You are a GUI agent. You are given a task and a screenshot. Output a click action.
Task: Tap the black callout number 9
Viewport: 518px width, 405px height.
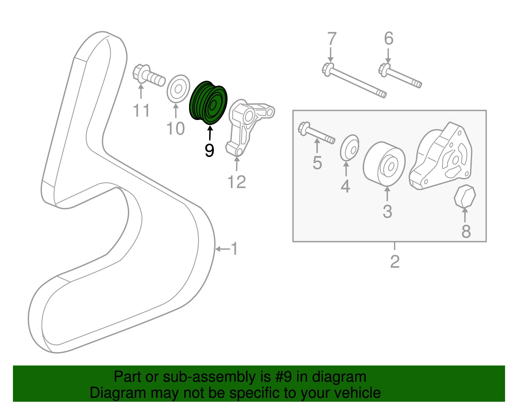[x=209, y=151]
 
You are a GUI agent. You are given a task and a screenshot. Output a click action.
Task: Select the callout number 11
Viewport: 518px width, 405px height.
[x=141, y=111]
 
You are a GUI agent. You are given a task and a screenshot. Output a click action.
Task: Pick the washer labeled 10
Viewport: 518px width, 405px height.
[x=178, y=88]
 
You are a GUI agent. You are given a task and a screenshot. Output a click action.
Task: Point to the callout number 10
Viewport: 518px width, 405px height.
[x=175, y=129]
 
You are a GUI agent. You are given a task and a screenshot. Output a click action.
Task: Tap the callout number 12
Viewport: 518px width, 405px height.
[x=237, y=182]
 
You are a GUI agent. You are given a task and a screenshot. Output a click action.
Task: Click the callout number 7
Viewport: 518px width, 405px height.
[x=332, y=39]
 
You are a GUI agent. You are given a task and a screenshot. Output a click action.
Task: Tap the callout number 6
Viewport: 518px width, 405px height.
[x=388, y=39]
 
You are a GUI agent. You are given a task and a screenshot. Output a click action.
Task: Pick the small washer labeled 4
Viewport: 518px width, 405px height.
[x=350, y=148]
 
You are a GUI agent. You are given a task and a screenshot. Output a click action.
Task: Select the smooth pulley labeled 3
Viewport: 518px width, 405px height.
[x=384, y=163]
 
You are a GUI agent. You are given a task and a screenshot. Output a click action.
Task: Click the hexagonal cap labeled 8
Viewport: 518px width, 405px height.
[x=465, y=196]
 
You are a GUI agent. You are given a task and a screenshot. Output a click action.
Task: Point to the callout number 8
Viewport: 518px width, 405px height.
[x=466, y=231]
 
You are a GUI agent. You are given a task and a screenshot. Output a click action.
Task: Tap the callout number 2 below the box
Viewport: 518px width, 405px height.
[x=395, y=261]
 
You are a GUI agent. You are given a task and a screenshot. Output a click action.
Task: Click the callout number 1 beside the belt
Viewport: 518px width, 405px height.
[x=234, y=249]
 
